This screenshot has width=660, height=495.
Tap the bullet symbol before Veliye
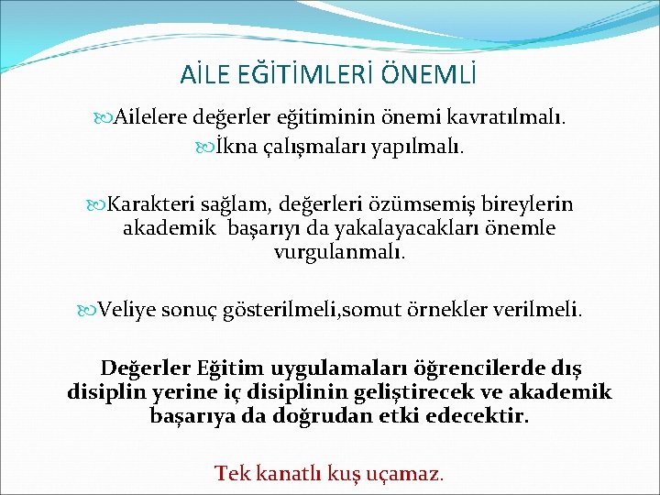tap(90, 309)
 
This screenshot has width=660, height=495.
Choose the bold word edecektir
tap(478, 416)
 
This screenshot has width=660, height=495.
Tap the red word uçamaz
tap(410, 474)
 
